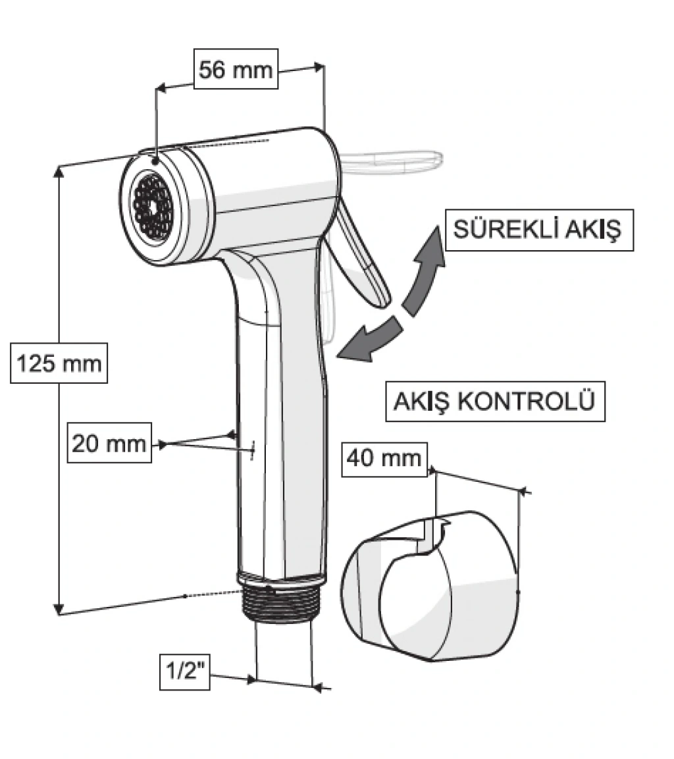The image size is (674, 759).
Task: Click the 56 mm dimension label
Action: pyautogui.click(x=236, y=70)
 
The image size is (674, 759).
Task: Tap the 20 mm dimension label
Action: pyautogui.click(x=109, y=443)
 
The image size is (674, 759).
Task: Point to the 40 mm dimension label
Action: pyautogui.click(x=384, y=457)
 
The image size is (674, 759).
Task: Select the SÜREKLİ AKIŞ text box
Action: pyautogui.click(x=538, y=230)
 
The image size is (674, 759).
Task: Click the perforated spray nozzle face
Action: pyautogui.click(x=151, y=205)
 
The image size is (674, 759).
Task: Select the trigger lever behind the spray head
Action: pyautogui.click(x=360, y=257)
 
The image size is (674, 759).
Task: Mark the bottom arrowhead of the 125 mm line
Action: pyautogui.click(x=59, y=608)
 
